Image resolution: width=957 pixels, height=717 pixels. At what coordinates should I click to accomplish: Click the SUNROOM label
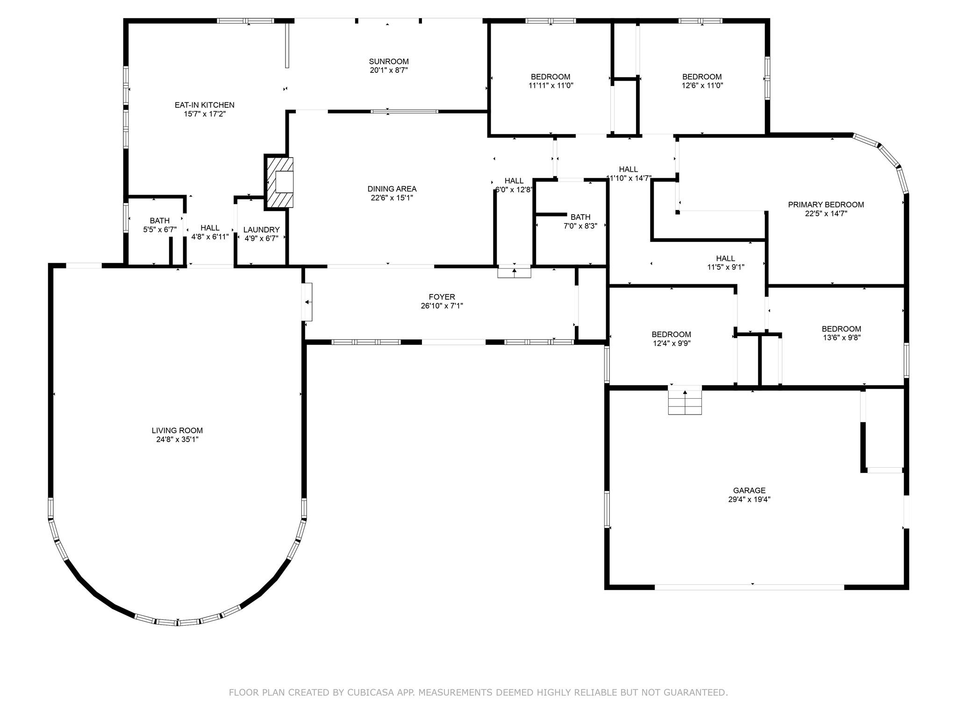[388, 62]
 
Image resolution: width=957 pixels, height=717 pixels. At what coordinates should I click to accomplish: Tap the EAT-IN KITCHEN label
[205, 105]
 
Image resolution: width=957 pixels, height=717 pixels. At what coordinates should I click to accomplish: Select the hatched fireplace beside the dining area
[279, 181]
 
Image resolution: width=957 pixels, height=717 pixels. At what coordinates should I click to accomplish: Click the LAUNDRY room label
[261, 230]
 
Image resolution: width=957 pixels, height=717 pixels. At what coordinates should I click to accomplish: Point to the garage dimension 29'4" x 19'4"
[749, 499]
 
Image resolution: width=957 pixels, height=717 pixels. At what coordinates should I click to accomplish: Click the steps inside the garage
[685, 400]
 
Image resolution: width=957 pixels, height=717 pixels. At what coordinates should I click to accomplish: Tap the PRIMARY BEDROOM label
[826, 204]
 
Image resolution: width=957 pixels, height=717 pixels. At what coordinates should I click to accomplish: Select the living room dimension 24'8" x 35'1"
[177, 439]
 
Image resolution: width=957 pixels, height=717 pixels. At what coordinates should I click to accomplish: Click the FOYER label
[442, 297]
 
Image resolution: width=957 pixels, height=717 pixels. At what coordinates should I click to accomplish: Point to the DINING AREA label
[392, 189]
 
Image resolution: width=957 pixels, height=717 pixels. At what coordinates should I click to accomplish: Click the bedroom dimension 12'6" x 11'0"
[702, 85]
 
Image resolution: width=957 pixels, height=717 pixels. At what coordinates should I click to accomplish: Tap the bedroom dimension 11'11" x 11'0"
[550, 85]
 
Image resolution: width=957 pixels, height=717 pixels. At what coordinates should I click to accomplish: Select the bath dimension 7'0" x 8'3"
[580, 226]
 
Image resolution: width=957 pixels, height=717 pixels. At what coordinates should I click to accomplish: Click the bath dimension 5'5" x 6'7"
[160, 229]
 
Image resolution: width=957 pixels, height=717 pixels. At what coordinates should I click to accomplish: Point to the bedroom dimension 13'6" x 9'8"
[841, 337]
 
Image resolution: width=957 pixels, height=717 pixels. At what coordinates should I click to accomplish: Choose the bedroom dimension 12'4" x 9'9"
[671, 343]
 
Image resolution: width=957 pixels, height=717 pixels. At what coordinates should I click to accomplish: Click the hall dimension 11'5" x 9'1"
[725, 267]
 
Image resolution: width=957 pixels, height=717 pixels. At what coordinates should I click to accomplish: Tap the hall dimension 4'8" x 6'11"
[210, 237]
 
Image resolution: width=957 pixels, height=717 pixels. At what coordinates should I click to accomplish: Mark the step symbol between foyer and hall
[514, 272]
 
